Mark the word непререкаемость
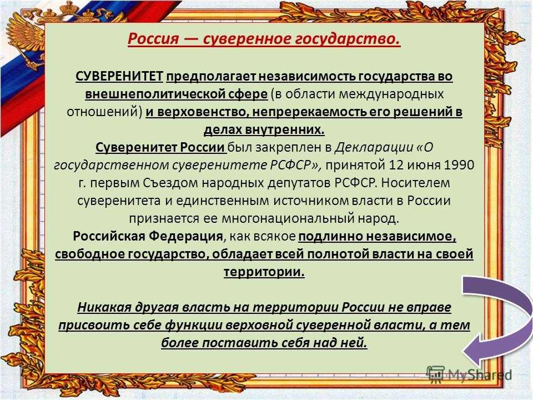point(307,111)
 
